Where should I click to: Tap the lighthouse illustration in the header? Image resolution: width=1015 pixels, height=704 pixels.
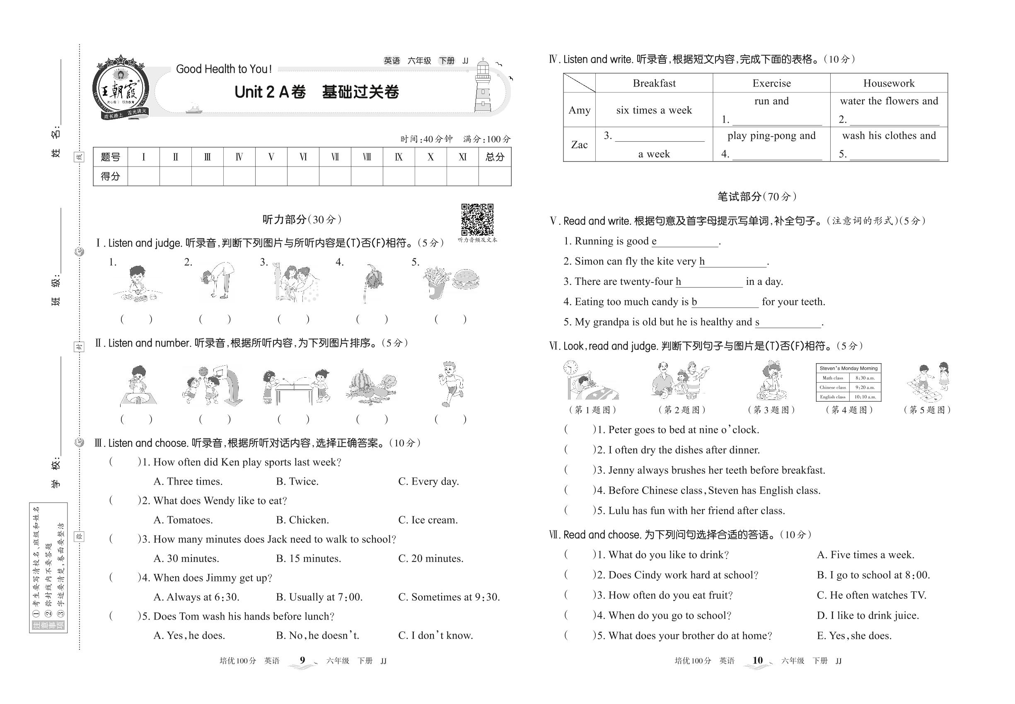[x=483, y=86]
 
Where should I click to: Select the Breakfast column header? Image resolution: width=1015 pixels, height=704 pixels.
[x=654, y=83]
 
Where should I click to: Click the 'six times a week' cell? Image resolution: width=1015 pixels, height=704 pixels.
[x=654, y=110]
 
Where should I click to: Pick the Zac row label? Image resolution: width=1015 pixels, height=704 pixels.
[x=579, y=145]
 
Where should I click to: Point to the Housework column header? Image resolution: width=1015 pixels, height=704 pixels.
[x=888, y=83]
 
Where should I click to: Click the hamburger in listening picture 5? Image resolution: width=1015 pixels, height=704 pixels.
[x=465, y=280]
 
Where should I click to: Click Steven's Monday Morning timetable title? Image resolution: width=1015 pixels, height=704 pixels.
[x=848, y=368]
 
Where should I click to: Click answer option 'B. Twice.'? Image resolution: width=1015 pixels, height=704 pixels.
[x=297, y=482]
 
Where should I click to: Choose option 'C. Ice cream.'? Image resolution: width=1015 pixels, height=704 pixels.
[x=428, y=520]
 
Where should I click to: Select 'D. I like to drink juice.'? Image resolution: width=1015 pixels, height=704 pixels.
[x=867, y=616]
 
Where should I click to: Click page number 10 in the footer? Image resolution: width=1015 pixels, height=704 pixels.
[x=757, y=661]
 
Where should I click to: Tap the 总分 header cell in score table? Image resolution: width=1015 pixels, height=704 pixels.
[x=494, y=157]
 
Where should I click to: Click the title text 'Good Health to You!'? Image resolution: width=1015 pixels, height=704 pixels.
[x=224, y=69]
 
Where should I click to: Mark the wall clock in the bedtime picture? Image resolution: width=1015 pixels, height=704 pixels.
[x=570, y=367]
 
